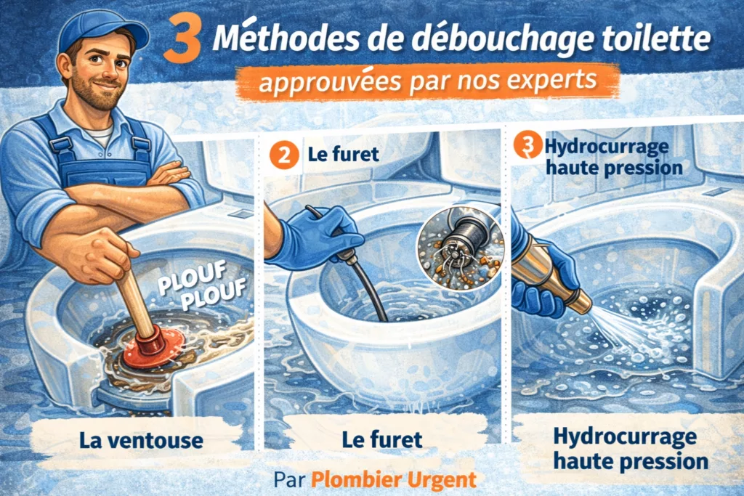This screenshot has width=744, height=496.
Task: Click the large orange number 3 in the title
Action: [x=184, y=41]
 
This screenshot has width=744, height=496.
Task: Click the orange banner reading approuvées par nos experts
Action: [x=427, y=82]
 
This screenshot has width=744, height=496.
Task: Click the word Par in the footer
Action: [x=290, y=480]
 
